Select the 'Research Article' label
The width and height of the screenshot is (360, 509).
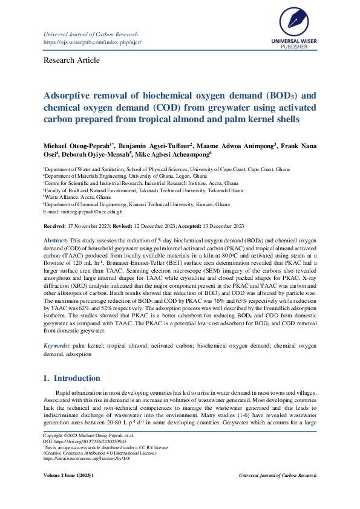pyautogui.click(x=71, y=60)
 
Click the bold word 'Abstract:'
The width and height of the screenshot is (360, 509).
pyautogui.click(x=56, y=241)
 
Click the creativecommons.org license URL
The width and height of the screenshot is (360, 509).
pyautogui.click(x=87, y=458)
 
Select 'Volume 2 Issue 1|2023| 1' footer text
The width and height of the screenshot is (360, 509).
pyautogui.click(x=68, y=476)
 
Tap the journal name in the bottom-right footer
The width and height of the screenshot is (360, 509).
pyautogui.click(x=277, y=476)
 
